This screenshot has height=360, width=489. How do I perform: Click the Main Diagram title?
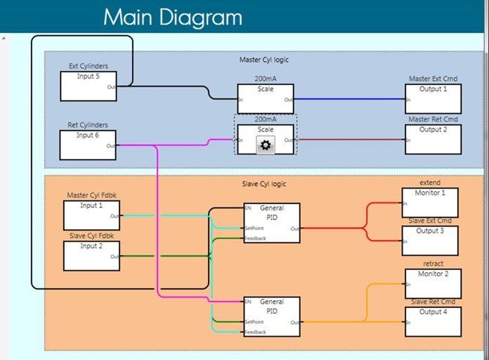pyautogui.click(x=172, y=17)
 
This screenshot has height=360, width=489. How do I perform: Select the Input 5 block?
pyautogui.click(x=89, y=86)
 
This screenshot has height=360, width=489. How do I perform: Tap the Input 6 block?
pyautogui.click(x=89, y=144)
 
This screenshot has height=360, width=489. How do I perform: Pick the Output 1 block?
pyautogui.click(x=433, y=98)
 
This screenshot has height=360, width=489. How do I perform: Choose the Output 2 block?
pyautogui.click(x=433, y=139)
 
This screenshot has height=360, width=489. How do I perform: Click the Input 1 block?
pyautogui.click(x=91, y=215)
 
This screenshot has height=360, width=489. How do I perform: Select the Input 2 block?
pyautogui.click(x=91, y=256)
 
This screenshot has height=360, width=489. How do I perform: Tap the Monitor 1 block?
pyautogui.click(x=429, y=202)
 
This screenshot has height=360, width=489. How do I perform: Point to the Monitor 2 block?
pyautogui.click(x=433, y=283)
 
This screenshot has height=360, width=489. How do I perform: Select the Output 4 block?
pyautogui.click(x=433, y=321)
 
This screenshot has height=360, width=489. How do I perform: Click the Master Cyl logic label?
pyautogui.click(x=263, y=60)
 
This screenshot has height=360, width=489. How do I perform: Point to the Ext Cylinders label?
pyautogui.click(x=89, y=66)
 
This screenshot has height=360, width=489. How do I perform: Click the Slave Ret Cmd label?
pyautogui.click(x=433, y=302)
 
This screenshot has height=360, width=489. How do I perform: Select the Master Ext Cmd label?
pyautogui.click(x=433, y=79)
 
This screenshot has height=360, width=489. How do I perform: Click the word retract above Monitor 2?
pyautogui.click(x=433, y=264)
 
